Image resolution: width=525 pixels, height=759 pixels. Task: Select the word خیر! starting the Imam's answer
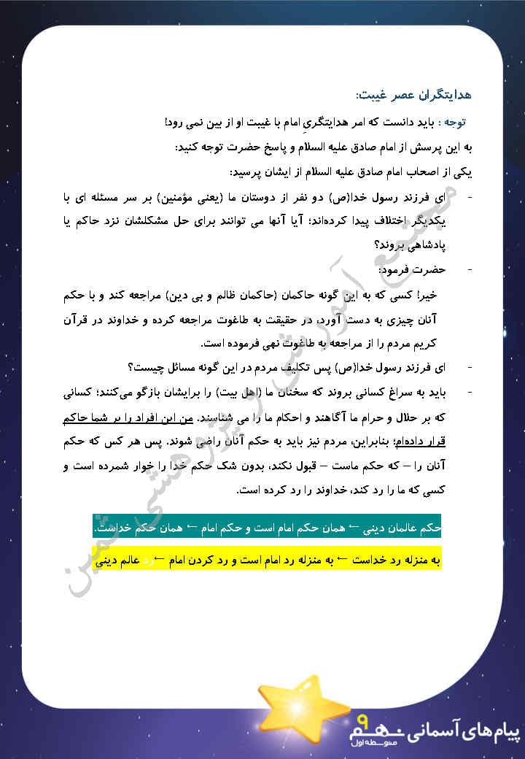click(438, 294)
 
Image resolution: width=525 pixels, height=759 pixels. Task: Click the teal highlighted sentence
click(268, 527)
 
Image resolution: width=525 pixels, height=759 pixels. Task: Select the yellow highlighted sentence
click(268, 561)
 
